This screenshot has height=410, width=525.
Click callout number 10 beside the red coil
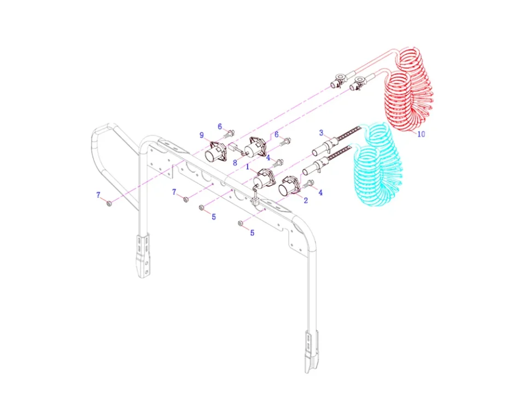pos(421,134)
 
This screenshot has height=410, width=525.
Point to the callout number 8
pos(234,162)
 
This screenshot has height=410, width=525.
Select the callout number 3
pos(322,132)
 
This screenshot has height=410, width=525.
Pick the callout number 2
pos(306,201)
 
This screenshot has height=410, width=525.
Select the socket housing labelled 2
pos(289,186)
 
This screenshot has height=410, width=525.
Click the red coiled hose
pos(410,90)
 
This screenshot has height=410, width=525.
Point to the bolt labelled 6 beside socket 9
pos(230,133)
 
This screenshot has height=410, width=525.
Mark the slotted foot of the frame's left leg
pos(143,256)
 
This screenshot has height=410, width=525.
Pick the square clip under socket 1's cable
pos(255,200)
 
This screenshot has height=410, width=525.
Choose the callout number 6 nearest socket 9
pos(220,126)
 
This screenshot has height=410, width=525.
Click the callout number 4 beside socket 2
pos(320,192)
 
